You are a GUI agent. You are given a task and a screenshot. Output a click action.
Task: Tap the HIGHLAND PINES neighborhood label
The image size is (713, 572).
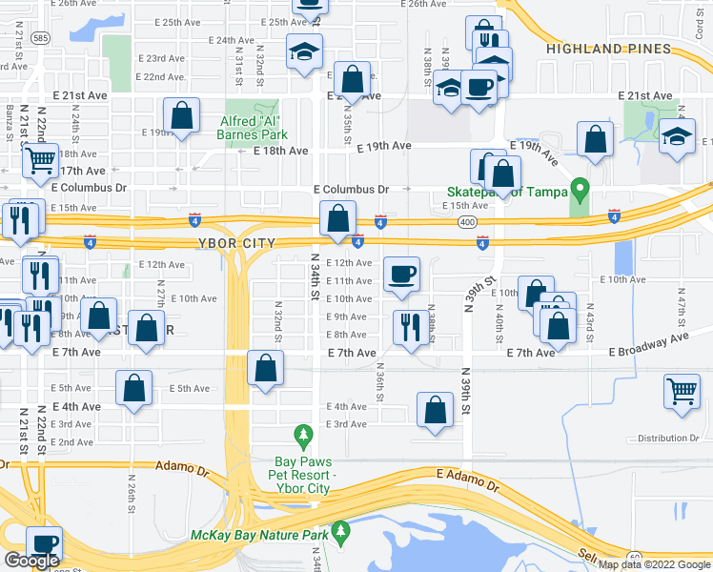tap(591, 48)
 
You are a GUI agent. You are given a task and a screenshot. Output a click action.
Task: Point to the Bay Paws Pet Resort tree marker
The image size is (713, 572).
tap(303, 436)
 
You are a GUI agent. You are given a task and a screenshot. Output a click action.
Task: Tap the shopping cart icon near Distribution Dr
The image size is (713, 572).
tap(682, 390)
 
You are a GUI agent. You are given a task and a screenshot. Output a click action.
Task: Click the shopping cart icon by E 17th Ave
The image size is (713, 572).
tap(40, 160)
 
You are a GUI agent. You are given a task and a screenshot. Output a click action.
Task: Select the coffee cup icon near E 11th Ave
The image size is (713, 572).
tap(400, 275)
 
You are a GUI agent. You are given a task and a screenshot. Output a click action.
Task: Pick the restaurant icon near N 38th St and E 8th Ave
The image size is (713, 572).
tap(408, 327)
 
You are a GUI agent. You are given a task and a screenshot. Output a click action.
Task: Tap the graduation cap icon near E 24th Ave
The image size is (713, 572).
tap(304, 51)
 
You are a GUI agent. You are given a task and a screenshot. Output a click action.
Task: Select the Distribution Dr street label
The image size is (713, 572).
tap(666, 438)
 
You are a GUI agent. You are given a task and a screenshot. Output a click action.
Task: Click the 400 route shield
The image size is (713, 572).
tap(467, 220)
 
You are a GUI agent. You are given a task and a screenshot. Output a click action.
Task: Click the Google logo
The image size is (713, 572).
tap(31, 561)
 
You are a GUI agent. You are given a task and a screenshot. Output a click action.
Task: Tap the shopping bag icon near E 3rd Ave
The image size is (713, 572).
tap(435, 409)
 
